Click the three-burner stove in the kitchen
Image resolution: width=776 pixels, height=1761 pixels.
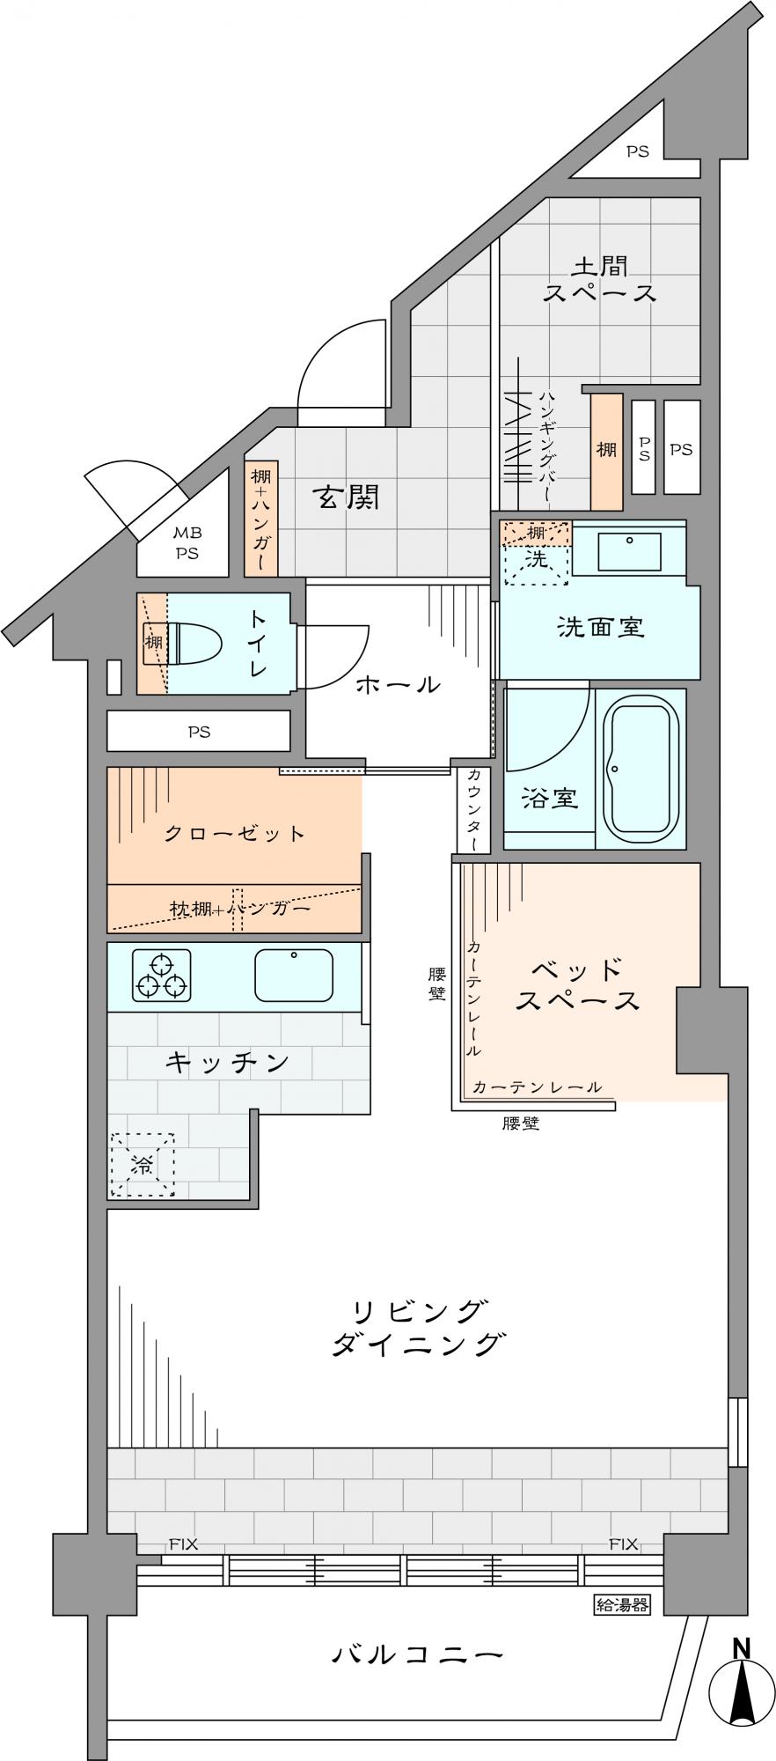(162, 976)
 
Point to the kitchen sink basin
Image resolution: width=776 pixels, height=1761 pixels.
(294, 976)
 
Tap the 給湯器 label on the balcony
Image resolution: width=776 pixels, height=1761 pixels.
(622, 1604)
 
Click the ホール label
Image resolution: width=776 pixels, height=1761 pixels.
(398, 684)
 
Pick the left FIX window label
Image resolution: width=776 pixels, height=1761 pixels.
(184, 1544)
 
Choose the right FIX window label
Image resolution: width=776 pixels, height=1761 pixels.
(623, 1544)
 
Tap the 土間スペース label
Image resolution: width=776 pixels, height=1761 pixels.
(599, 279)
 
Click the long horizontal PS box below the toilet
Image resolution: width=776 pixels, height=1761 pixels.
(199, 731)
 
